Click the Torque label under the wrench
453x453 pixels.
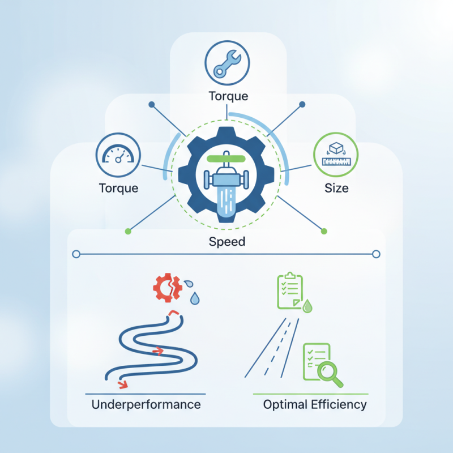228,96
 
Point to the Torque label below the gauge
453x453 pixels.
118,187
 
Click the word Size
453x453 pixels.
336,187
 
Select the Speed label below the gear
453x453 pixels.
227,242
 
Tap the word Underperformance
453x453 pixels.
146,404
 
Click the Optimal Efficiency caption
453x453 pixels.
315,404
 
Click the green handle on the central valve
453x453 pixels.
228,160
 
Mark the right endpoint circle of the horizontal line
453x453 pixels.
376,254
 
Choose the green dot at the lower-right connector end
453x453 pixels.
324,231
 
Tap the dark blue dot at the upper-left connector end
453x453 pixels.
151,105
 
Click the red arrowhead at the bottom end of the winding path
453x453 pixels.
121,385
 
